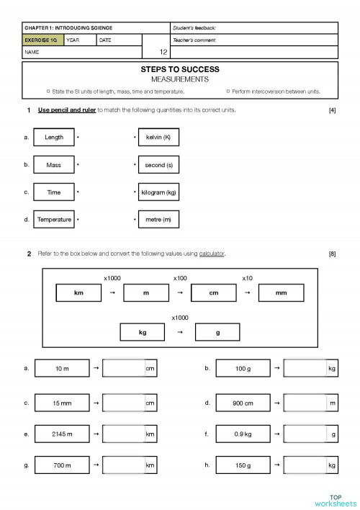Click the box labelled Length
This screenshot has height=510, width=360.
(x=54, y=137)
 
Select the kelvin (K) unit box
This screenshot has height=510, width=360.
(x=158, y=137)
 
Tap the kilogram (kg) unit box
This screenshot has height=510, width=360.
(x=158, y=192)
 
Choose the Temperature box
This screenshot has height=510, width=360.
(x=54, y=219)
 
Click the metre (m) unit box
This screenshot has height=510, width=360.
(x=158, y=219)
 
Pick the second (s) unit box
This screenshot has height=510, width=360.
(x=158, y=165)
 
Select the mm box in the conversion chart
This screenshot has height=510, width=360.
(x=281, y=292)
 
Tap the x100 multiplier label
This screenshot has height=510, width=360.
(x=180, y=277)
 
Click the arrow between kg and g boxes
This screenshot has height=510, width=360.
(x=180, y=332)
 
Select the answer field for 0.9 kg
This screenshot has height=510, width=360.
(x=306, y=434)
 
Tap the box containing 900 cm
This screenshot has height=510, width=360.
(x=243, y=403)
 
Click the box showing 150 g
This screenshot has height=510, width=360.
(x=243, y=466)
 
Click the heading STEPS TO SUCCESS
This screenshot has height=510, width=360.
(x=180, y=70)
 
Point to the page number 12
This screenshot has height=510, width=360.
(x=163, y=53)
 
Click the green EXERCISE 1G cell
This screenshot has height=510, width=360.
(x=42, y=40)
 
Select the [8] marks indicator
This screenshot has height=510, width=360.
(x=332, y=254)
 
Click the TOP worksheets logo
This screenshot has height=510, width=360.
(x=335, y=499)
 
